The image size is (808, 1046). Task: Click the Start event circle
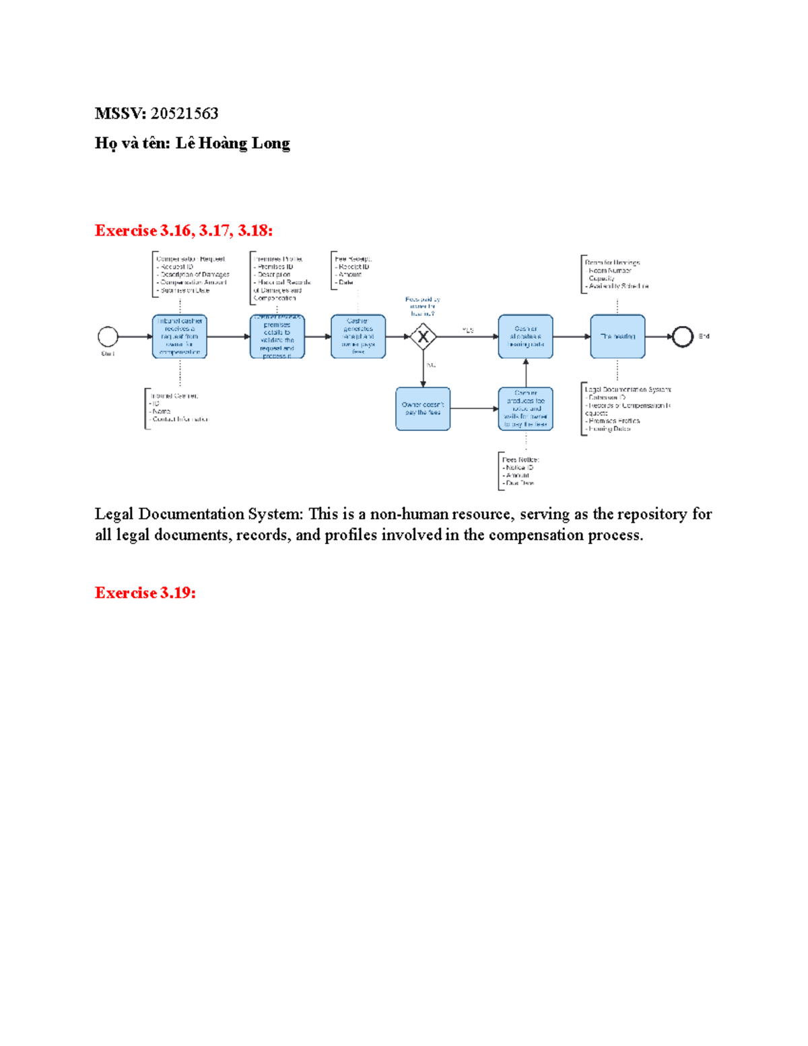[108, 336]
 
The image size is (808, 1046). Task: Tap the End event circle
[682, 336]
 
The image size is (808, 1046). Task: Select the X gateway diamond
[423, 337]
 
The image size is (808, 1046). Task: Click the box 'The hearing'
[617, 336]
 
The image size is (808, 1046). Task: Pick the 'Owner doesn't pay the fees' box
[423, 409]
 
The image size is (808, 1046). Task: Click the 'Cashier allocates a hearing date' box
[525, 336]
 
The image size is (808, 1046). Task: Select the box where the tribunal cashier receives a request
[180, 336]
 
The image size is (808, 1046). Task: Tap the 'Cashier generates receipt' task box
[358, 336]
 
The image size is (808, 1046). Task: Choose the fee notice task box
[525, 409]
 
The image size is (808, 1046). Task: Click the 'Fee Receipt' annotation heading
[353, 259]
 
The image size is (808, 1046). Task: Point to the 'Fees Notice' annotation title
[520, 459]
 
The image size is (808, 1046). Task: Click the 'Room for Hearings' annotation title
[613, 263]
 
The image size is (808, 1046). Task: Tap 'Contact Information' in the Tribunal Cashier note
[180, 419]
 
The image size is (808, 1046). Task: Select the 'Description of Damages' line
[195, 274]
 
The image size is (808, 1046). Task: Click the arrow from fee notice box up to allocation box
[526, 372]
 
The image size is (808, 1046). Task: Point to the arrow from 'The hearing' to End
[658, 336]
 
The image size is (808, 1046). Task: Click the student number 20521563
[184, 113]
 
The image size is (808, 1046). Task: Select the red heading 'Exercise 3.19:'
[145, 593]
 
